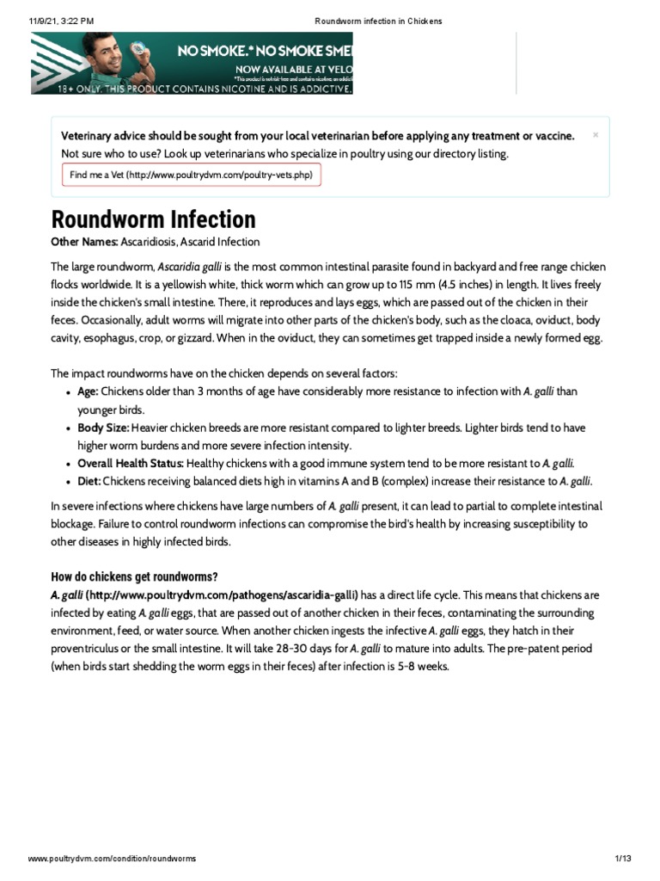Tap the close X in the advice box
point(596,135)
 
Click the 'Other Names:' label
point(84,242)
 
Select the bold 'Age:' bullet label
point(88,391)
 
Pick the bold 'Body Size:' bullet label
point(103,427)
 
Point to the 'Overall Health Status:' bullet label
point(131,463)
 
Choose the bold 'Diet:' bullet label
point(89,481)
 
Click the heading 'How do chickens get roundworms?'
point(134,576)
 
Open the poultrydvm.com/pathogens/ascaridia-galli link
point(222,595)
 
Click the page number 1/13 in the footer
point(623,859)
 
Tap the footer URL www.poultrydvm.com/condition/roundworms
point(112,859)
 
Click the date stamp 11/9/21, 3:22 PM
point(60,20)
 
